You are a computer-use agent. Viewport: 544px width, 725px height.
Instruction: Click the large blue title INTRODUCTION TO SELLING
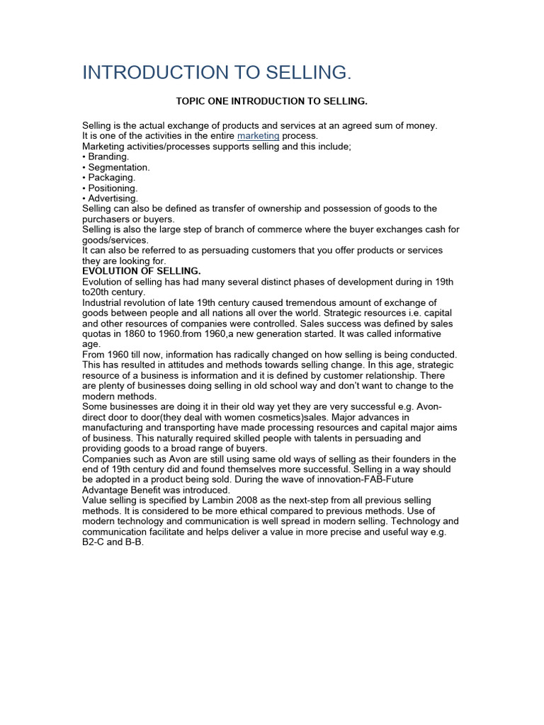217,72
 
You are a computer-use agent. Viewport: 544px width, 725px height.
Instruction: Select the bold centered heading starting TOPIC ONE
272,101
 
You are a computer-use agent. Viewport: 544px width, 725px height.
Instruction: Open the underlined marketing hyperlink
258,136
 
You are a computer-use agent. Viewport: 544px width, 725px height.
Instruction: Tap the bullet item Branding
108,156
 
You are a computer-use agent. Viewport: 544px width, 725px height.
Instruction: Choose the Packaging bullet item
111,178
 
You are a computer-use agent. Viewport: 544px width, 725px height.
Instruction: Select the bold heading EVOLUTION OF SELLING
142,271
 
